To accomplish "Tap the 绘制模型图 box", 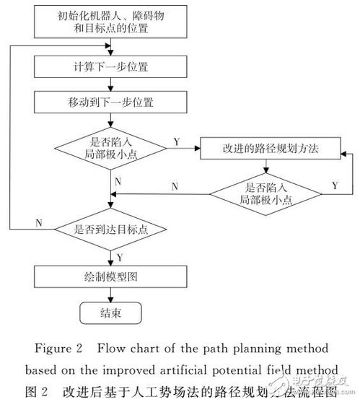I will pyautogui.click(x=110, y=276).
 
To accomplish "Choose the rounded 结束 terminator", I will pyautogui.click(x=110, y=313).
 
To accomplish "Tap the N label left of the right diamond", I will pyautogui.click(x=175, y=186).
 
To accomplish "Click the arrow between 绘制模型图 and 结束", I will pyautogui.click(x=110, y=294).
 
